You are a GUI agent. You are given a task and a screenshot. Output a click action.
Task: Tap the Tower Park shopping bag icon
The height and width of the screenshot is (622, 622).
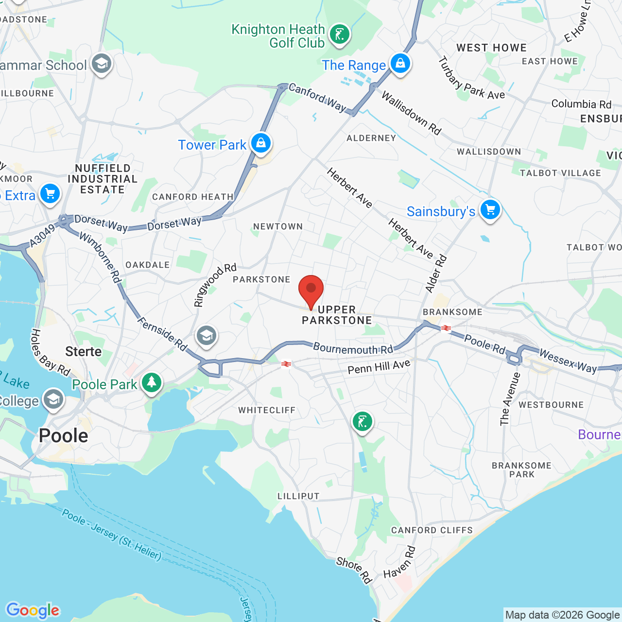tap(261, 143)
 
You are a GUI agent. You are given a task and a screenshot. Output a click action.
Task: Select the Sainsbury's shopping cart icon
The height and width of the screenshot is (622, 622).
tap(490, 210)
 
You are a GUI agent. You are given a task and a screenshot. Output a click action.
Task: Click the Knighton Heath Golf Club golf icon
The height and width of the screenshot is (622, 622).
tap(339, 35)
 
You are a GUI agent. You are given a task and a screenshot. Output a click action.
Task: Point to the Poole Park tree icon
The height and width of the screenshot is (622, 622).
tap(152, 382)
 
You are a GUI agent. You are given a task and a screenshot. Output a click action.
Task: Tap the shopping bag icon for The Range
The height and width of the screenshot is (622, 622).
tap(400, 64)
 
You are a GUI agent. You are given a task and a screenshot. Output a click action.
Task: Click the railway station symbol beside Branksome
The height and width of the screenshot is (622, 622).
tap(446, 328)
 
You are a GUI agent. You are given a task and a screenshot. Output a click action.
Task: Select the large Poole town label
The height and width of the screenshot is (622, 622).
tap(64, 436)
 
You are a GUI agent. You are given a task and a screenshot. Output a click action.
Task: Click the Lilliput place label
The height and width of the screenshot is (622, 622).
tap(298, 496)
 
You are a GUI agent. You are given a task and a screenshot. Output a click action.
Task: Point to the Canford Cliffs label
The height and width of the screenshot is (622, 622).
tap(432, 530)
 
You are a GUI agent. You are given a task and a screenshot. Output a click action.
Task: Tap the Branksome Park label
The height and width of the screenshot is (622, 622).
tap(521, 470)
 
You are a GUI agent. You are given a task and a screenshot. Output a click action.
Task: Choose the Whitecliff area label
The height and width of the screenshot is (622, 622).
tap(267, 410)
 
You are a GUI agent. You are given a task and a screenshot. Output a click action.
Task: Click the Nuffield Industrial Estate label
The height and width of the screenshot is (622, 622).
tap(103, 179)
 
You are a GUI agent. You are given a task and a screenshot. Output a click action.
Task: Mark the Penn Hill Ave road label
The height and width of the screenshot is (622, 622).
tap(379, 367)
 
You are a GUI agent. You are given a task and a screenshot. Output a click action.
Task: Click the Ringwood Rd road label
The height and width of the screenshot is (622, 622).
tap(215, 285)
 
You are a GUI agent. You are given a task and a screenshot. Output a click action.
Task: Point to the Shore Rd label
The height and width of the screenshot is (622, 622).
tap(354, 570)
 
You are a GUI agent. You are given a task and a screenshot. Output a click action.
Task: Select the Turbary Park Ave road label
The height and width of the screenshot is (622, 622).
tap(471, 79)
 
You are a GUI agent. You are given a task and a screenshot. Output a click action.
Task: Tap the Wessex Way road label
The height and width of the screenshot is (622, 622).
tap(568, 362)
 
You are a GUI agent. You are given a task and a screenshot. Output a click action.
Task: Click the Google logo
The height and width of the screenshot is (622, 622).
tap(33, 610)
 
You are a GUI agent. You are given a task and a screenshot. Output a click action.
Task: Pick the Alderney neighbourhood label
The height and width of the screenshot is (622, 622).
tap(371, 138)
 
